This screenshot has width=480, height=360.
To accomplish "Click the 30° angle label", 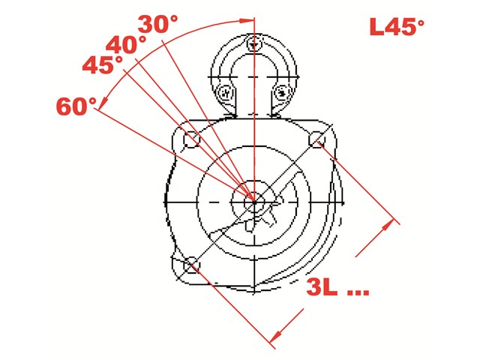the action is [x=157, y=24].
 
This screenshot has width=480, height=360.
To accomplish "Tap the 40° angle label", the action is [x=126, y=45].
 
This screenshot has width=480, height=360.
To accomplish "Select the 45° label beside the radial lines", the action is [x=103, y=64].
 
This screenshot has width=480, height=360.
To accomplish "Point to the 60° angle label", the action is [x=76, y=106].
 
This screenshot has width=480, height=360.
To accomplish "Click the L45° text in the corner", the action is [x=397, y=26].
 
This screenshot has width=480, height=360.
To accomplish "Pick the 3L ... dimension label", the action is [x=337, y=287].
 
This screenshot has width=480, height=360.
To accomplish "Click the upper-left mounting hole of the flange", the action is [x=192, y=139].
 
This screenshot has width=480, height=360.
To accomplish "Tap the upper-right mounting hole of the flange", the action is [x=316, y=139].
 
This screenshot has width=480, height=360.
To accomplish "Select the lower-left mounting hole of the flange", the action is [x=192, y=265].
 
